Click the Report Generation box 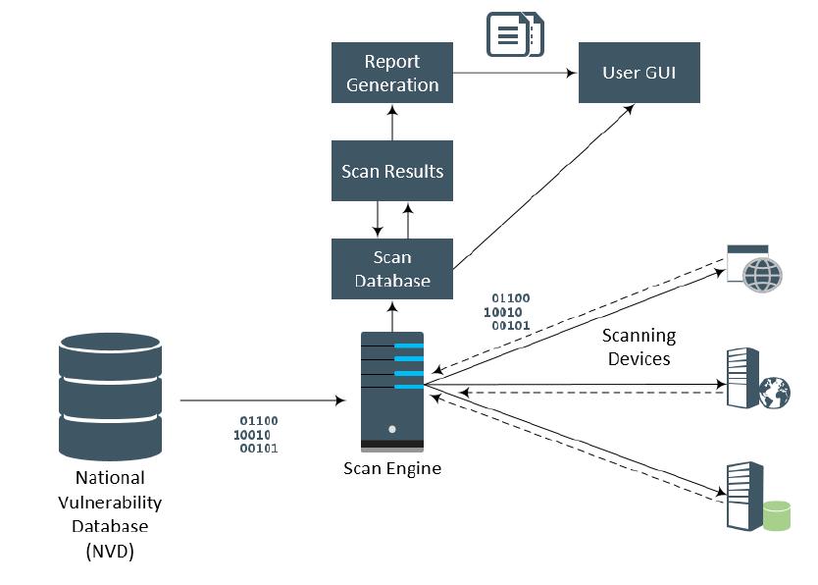(x=392, y=73)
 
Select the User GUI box (x=639, y=73)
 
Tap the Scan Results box (x=392, y=171)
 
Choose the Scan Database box (x=392, y=268)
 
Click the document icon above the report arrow (x=516, y=34)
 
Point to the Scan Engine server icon (x=392, y=390)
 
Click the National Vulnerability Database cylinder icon (x=110, y=397)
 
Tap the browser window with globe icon (x=754, y=268)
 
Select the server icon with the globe (x=757, y=379)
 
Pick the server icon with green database (x=753, y=497)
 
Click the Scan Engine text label (x=392, y=468)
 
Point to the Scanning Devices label (x=639, y=347)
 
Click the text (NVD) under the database (x=110, y=552)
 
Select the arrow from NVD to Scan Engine (x=263, y=400)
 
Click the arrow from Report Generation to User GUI (x=514, y=73)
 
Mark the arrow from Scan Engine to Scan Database (x=393, y=316)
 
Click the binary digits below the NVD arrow (x=256, y=434)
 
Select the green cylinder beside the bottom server (x=777, y=515)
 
